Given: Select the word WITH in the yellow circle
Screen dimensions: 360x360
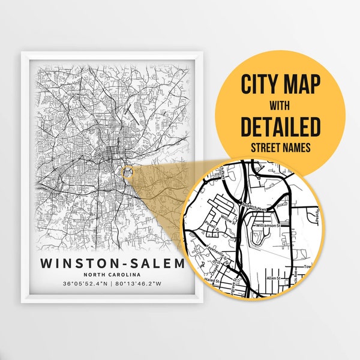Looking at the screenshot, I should pos(281,107).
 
